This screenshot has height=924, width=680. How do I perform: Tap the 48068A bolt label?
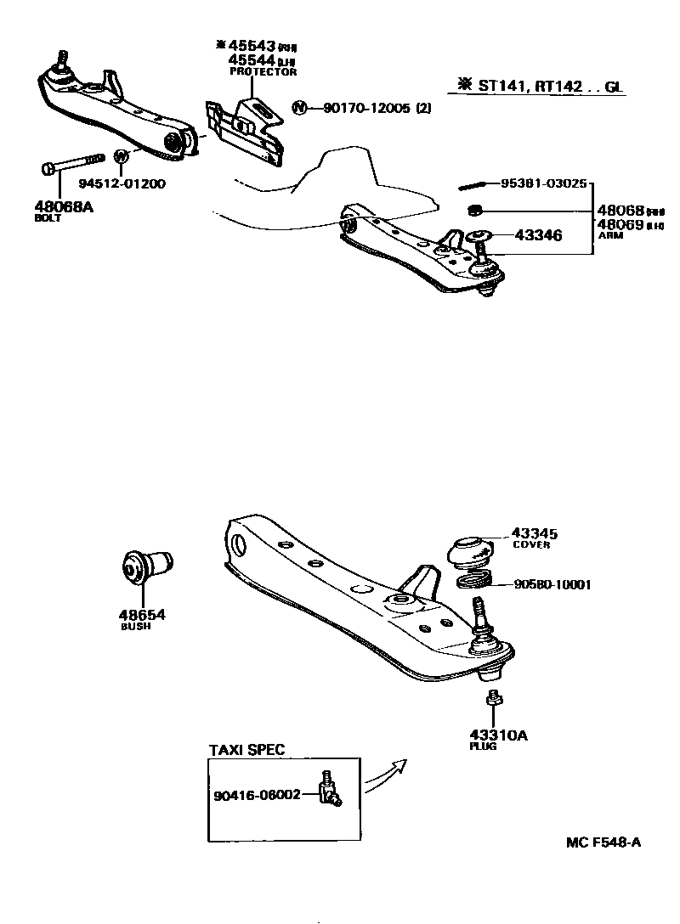[x=64, y=205]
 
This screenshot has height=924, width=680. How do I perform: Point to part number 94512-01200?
[x=122, y=183]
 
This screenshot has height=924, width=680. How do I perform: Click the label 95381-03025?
[x=543, y=183]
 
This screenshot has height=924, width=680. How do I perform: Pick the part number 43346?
[x=535, y=235]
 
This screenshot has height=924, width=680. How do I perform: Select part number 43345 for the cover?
[x=534, y=533]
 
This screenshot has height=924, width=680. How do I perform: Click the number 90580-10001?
[x=552, y=584]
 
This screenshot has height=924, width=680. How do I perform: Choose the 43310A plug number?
[x=498, y=735]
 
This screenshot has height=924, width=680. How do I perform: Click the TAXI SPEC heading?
[x=246, y=750]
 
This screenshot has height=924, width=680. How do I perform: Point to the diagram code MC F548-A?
[x=603, y=842]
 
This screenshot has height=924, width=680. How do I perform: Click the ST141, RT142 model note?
[x=545, y=85]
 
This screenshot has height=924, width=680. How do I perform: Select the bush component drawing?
[x=146, y=566]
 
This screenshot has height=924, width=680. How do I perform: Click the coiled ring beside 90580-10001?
[x=475, y=583]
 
